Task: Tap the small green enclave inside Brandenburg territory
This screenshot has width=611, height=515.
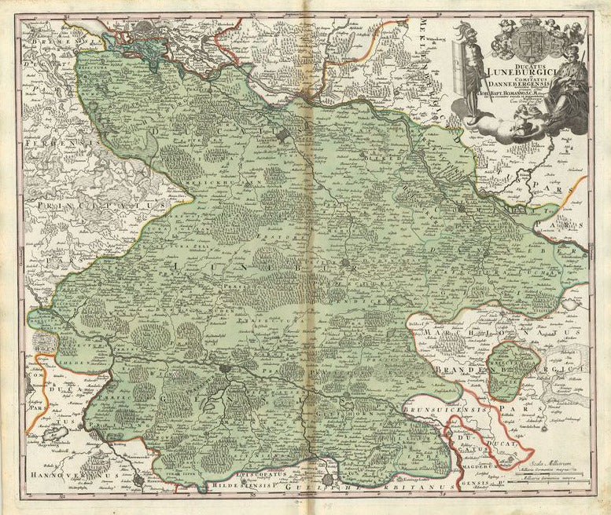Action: coord(510,370)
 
